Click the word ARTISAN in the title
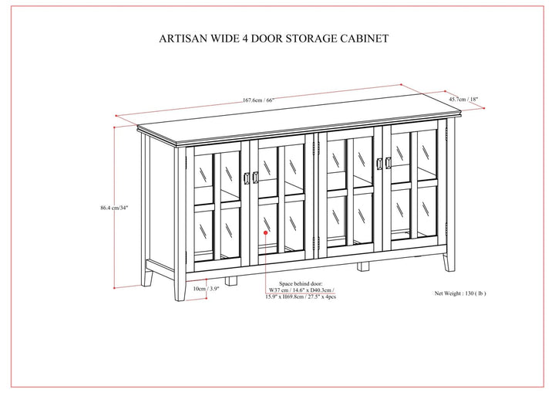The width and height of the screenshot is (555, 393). [x=182, y=36]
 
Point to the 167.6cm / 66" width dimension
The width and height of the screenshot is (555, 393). [x=257, y=100]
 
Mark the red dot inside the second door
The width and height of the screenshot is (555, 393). [x=265, y=231]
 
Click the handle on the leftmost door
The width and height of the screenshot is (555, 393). [x=245, y=178]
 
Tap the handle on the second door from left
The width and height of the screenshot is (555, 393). [x=256, y=178]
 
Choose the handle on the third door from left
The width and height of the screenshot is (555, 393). [x=378, y=164]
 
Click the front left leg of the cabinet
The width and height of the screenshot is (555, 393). [x=181, y=286]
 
